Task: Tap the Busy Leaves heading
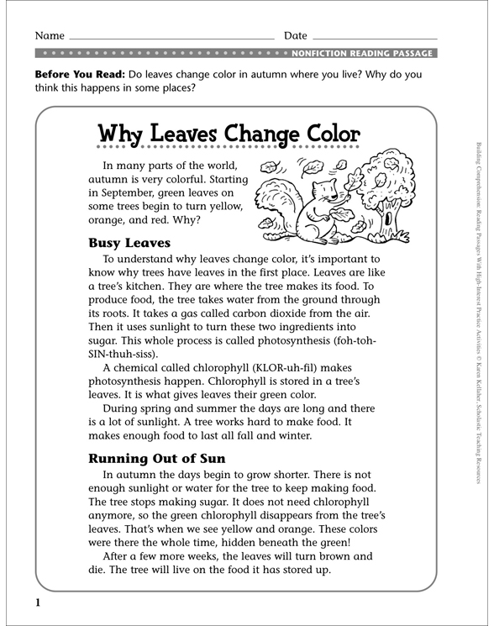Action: tap(129, 243)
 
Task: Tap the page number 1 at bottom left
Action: tap(37, 602)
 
